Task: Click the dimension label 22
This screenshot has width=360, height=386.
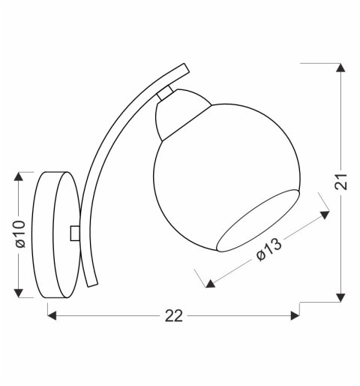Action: point(173,316)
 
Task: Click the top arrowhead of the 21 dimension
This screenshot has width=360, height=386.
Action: point(341,68)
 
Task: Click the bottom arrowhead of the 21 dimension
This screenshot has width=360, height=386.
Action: point(341,297)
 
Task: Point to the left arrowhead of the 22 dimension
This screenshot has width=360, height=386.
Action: point(52,316)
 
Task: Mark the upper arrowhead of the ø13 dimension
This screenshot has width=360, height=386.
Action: point(324,215)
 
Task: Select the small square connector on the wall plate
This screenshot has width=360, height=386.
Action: point(74,233)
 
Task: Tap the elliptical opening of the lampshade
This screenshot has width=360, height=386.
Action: point(259,222)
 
